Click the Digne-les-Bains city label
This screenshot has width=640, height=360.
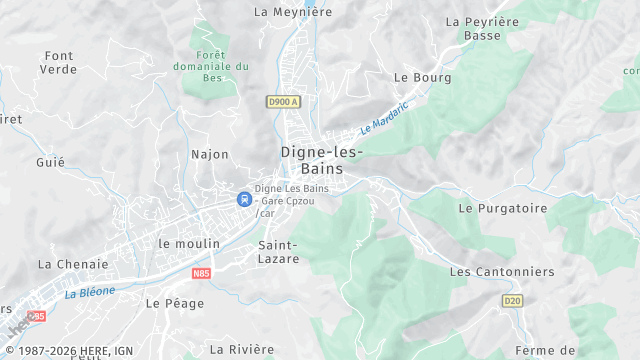point(322,161)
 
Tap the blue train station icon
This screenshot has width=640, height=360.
point(243,199)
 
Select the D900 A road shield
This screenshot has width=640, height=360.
point(284,101)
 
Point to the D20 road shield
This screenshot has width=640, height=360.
point(512,300)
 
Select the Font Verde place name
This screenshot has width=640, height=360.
point(59,62)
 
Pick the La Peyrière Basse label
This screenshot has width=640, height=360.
point(481,28)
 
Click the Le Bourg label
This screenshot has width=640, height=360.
point(423,77)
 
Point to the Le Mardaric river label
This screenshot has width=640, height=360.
point(385,118)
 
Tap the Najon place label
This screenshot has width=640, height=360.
point(210,154)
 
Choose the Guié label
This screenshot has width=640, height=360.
point(50,162)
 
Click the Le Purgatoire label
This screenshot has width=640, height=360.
point(503,208)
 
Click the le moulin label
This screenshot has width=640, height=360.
point(188,243)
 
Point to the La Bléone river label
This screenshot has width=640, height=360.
point(90,292)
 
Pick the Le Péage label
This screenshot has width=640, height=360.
point(167,302)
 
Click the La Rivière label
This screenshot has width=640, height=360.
point(242,349)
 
